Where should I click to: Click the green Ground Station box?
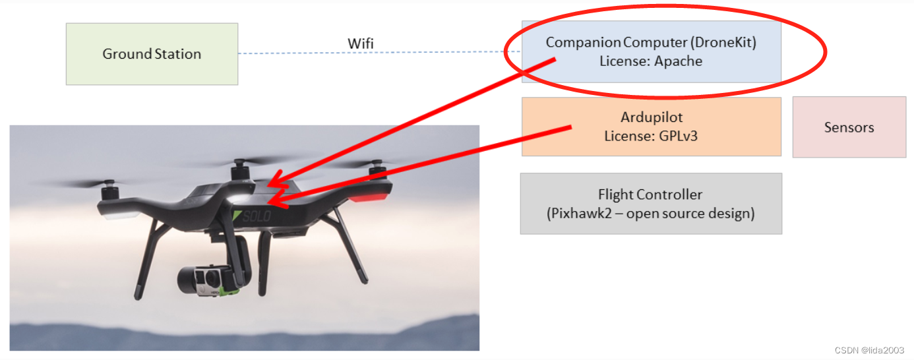(x=152, y=54)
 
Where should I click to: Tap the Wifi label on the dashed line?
(x=361, y=44)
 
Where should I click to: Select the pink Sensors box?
(x=849, y=127)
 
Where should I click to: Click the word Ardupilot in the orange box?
(x=651, y=117)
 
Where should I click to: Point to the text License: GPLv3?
(x=651, y=136)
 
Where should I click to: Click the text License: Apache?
(x=651, y=61)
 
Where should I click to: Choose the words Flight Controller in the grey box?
(x=650, y=195)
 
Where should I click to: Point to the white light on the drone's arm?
(x=119, y=215)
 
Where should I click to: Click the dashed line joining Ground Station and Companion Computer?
(x=297, y=53)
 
